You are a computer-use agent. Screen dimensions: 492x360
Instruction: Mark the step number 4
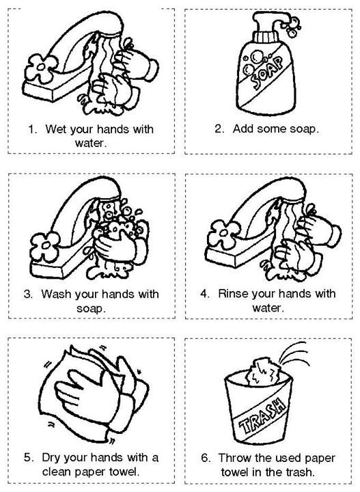[204, 295]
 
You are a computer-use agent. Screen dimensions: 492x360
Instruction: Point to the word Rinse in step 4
[234, 295]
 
